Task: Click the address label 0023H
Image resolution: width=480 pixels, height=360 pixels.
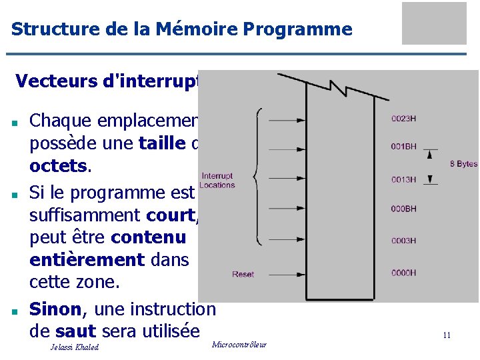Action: coord(404,119)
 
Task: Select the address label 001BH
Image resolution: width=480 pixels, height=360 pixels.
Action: coord(404,146)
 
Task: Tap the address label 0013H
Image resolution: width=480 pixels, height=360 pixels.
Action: coord(404,179)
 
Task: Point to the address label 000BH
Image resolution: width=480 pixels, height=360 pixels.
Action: coord(404,209)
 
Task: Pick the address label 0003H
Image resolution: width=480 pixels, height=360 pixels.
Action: coord(404,241)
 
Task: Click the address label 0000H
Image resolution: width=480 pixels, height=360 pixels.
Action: coord(404,273)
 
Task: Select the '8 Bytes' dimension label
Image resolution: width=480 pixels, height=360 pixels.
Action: coord(463,164)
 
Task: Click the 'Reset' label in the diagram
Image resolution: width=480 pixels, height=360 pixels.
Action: coord(243,274)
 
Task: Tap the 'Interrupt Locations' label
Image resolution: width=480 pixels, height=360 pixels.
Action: coord(217,181)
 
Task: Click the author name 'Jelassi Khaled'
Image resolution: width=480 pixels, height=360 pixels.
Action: coord(74,347)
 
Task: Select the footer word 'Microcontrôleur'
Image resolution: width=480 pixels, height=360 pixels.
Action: coord(239,344)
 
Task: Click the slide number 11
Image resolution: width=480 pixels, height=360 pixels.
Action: coord(447,335)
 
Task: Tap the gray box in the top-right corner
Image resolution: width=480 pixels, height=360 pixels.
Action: coord(434,23)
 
